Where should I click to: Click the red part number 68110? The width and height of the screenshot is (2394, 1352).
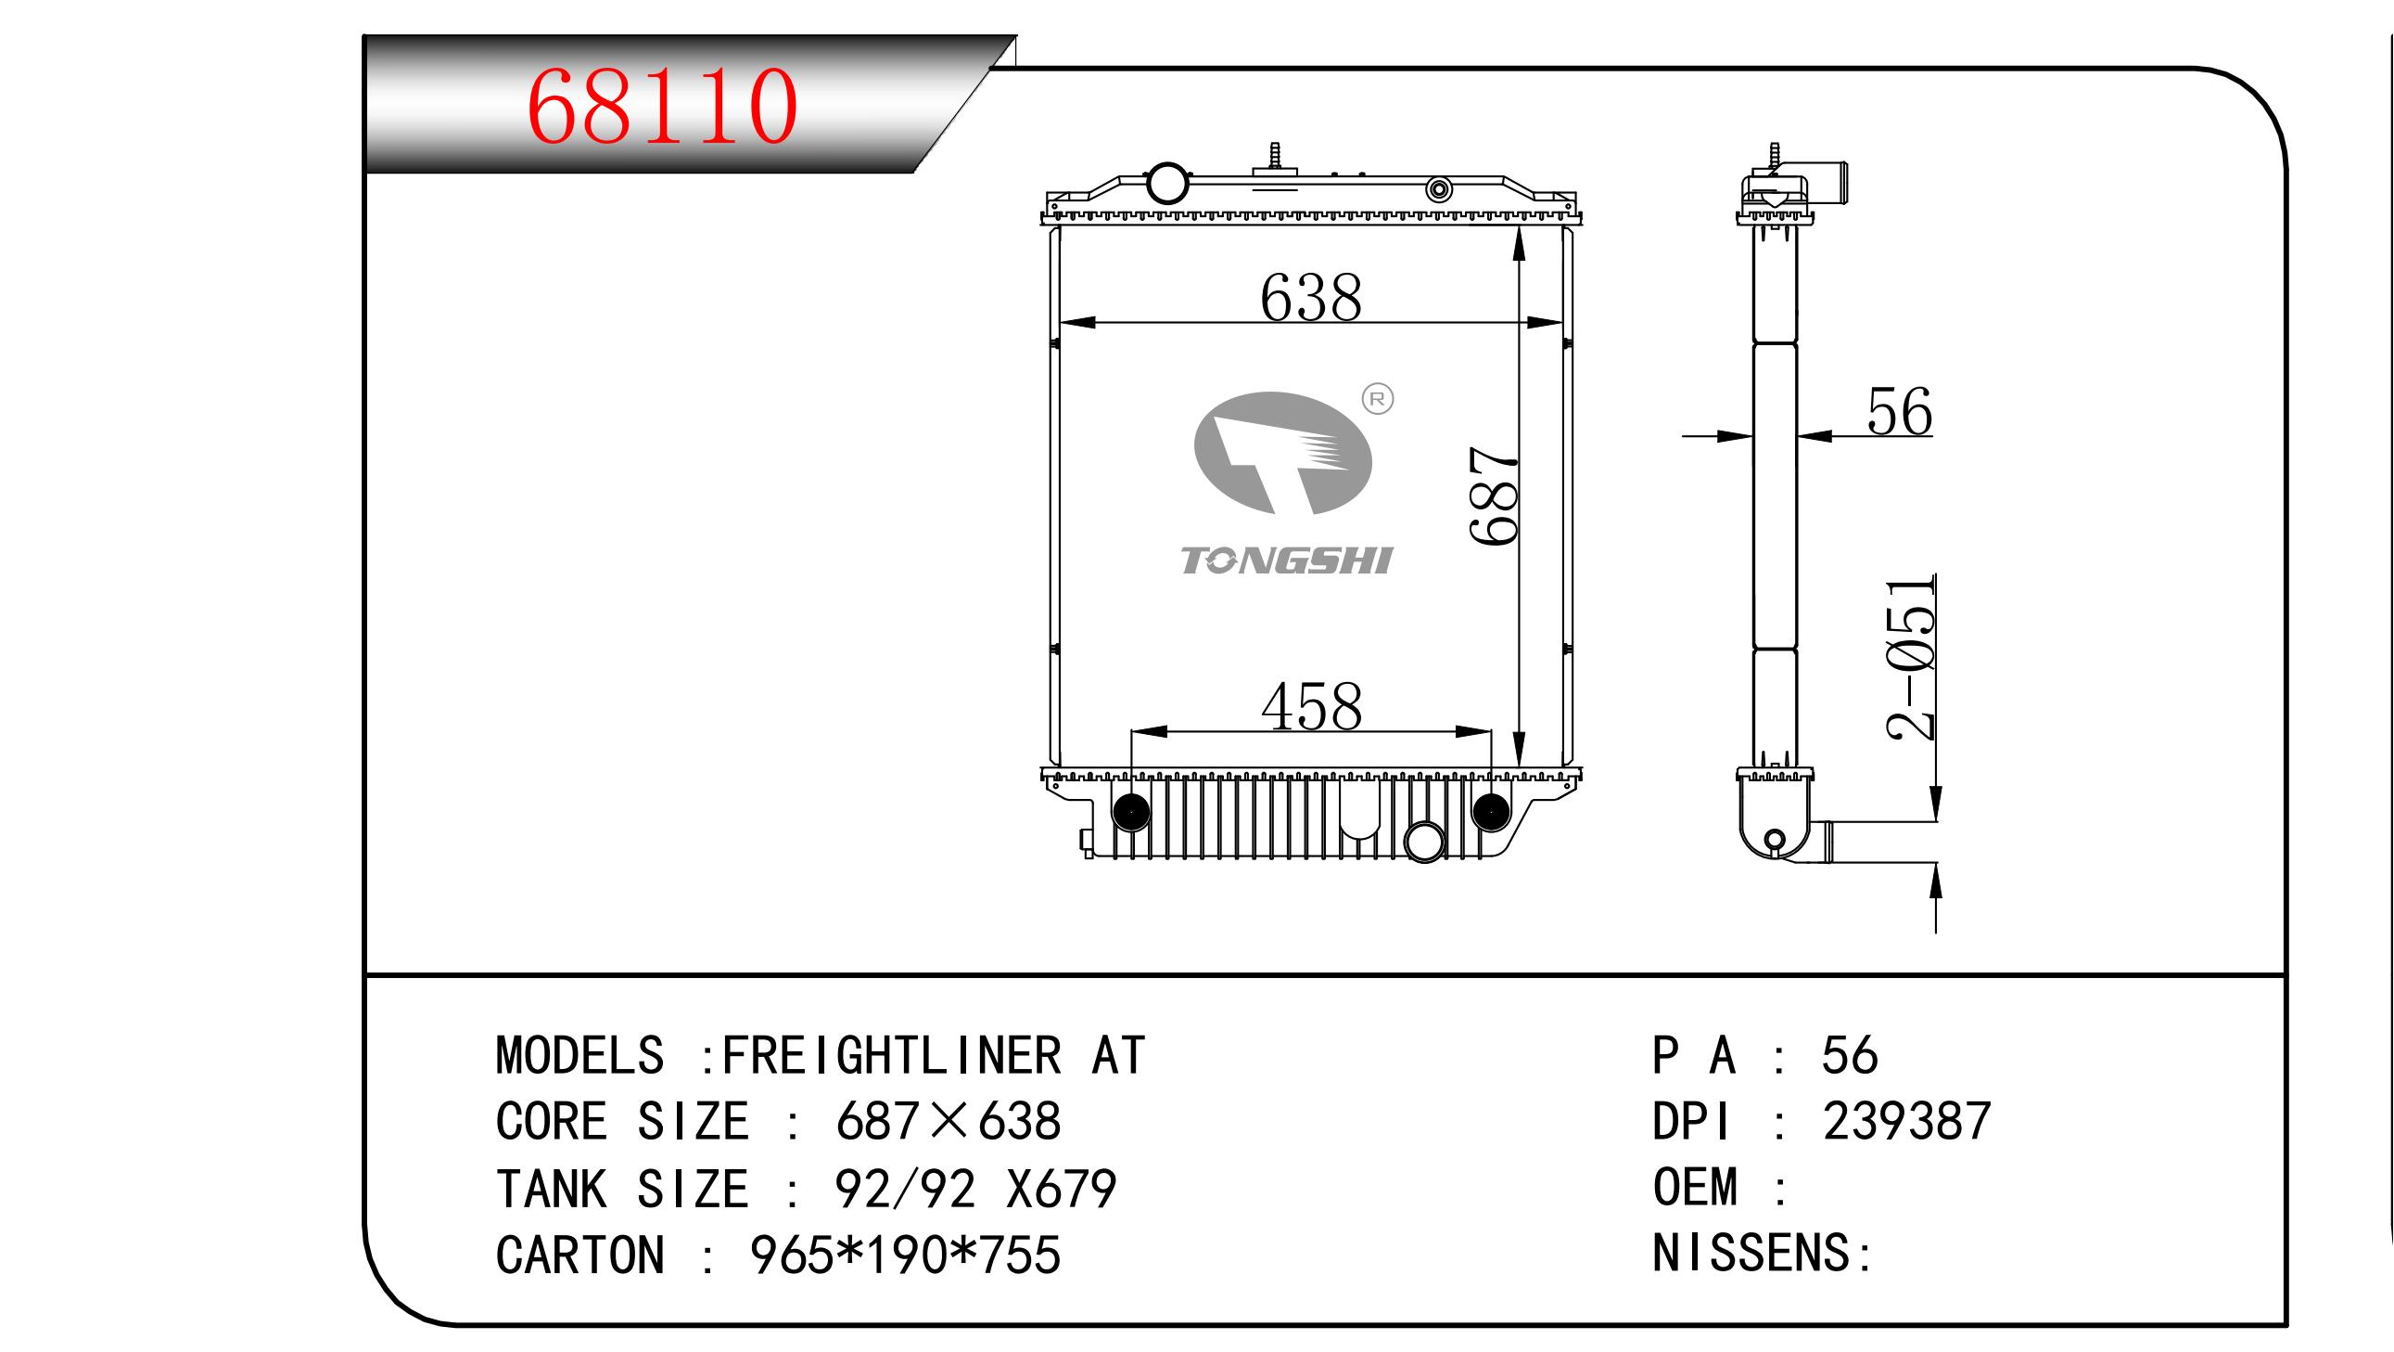(661, 107)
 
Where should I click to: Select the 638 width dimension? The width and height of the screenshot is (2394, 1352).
(1310, 299)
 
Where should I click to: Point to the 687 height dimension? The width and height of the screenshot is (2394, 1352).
(1494, 496)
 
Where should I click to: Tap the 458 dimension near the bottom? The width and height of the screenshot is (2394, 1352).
(1311, 708)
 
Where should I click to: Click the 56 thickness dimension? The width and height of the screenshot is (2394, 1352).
(1899, 412)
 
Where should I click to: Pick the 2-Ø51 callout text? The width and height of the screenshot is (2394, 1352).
(1911, 658)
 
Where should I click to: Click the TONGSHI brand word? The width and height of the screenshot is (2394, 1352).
(1285, 560)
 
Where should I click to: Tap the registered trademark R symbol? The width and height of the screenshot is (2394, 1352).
(1376, 400)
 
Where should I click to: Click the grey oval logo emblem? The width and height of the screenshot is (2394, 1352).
(1282, 453)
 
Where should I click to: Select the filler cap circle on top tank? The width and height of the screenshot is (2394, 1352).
(1167, 183)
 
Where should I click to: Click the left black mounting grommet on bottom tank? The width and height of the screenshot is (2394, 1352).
(1131, 812)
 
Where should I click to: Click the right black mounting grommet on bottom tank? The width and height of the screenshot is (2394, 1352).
(1491, 812)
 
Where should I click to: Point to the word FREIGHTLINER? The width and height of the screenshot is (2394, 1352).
(890, 1055)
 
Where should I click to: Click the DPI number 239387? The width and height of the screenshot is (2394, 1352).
(1906, 1121)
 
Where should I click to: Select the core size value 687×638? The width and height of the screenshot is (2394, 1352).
(948, 1121)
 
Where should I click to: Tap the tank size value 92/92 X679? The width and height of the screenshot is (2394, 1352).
(974, 1190)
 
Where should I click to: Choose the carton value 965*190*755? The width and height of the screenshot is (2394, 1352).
(904, 1255)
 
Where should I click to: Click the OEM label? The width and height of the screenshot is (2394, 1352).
(1694, 1188)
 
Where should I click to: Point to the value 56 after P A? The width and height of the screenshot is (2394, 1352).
(1849, 1055)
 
